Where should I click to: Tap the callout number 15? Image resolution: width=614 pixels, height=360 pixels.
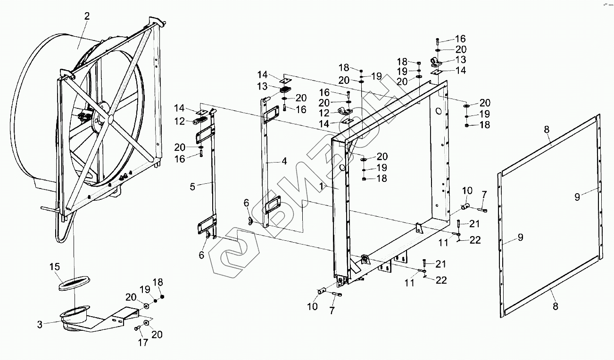[x=55, y=267]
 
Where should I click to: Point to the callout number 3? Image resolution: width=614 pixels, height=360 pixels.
[x=40, y=324]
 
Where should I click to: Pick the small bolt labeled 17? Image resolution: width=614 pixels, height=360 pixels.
[x=137, y=328]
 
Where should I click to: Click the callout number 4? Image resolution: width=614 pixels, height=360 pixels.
[x=284, y=161]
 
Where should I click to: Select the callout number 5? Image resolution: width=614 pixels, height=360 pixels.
[x=192, y=187]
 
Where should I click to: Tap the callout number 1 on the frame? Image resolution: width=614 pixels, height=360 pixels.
[x=321, y=187]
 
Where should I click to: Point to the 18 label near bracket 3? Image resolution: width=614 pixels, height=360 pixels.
[x=158, y=282]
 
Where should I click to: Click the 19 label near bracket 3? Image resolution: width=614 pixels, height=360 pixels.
[x=145, y=289]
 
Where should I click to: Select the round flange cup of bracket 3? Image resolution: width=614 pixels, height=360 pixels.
[x=74, y=312]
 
